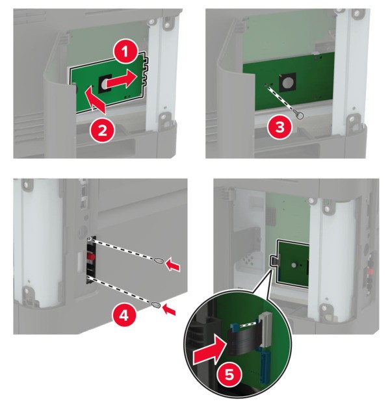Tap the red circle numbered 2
pos(103,130)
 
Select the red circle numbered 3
pos(280,128)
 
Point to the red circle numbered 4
pos(124,316)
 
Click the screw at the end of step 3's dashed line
pos(299,114)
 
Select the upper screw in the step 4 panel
pos(159,260)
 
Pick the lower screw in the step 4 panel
pos(155,304)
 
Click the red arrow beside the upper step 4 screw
pos(173,264)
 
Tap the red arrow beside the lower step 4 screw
pos(169,310)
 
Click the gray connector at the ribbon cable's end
pos(266,329)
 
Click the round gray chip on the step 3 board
pos(287,83)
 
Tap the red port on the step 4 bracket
pos(90,258)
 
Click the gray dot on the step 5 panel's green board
pos(293,265)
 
